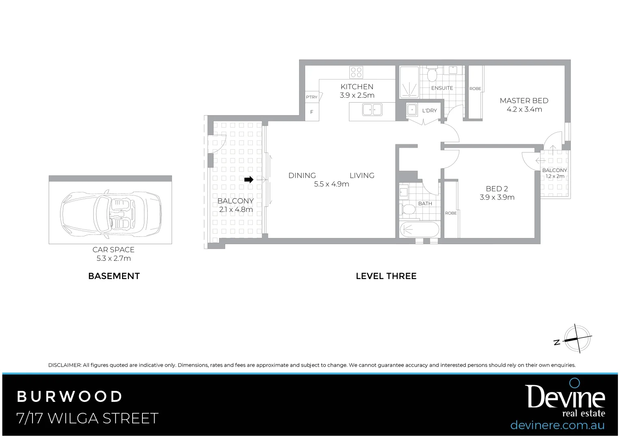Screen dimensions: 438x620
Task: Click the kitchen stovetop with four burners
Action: tap(356, 73)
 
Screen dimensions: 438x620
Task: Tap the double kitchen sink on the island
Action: tap(372, 110)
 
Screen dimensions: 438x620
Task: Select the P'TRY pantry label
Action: tap(312, 97)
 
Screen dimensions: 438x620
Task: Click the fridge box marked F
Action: tap(312, 112)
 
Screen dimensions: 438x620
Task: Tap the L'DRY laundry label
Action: tap(429, 111)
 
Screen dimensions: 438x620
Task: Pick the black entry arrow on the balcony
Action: tap(249, 179)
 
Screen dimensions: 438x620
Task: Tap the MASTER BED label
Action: tap(524, 101)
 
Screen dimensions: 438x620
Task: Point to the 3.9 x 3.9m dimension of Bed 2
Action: tap(497, 198)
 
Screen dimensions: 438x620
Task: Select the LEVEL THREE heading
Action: tap(386, 276)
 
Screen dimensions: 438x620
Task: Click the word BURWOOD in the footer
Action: tap(69, 396)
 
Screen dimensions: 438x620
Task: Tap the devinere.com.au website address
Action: tap(557, 425)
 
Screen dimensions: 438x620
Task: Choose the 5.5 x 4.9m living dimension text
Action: tap(332, 184)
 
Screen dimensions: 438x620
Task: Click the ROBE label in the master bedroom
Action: tap(475, 89)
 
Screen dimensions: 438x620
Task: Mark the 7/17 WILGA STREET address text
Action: tap(87, 418)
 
